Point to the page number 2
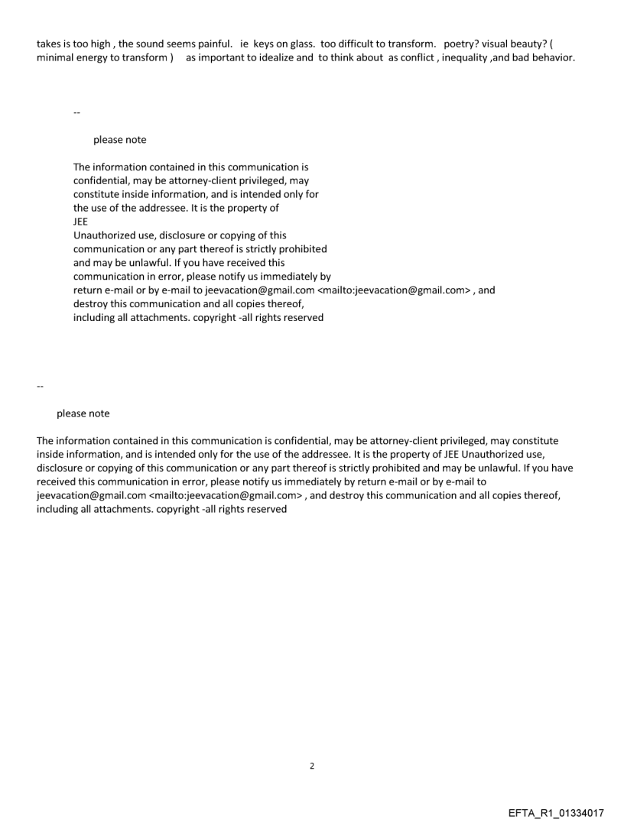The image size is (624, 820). pos(311,765)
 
